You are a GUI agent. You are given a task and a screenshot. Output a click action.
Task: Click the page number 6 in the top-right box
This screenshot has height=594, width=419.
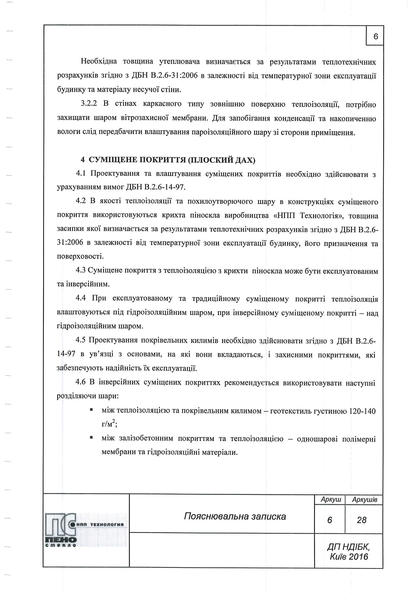coord(376,36)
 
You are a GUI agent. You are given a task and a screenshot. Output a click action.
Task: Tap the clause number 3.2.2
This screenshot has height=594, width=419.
coord(89,104)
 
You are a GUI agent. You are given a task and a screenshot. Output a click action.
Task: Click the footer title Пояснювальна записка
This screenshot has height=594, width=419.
coord(235,517)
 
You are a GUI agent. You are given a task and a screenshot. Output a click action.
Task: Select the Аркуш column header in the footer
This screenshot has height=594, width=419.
coord(331,500)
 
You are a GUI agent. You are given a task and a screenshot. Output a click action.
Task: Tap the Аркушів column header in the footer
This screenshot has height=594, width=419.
coord(364,500)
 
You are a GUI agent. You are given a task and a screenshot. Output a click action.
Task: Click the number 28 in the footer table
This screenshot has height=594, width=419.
coord(362,520)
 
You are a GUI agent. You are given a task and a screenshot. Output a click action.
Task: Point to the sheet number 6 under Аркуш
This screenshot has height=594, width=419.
coord(330,520)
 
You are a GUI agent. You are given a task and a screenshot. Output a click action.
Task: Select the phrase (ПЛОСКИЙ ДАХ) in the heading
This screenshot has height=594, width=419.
coord(222,160)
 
